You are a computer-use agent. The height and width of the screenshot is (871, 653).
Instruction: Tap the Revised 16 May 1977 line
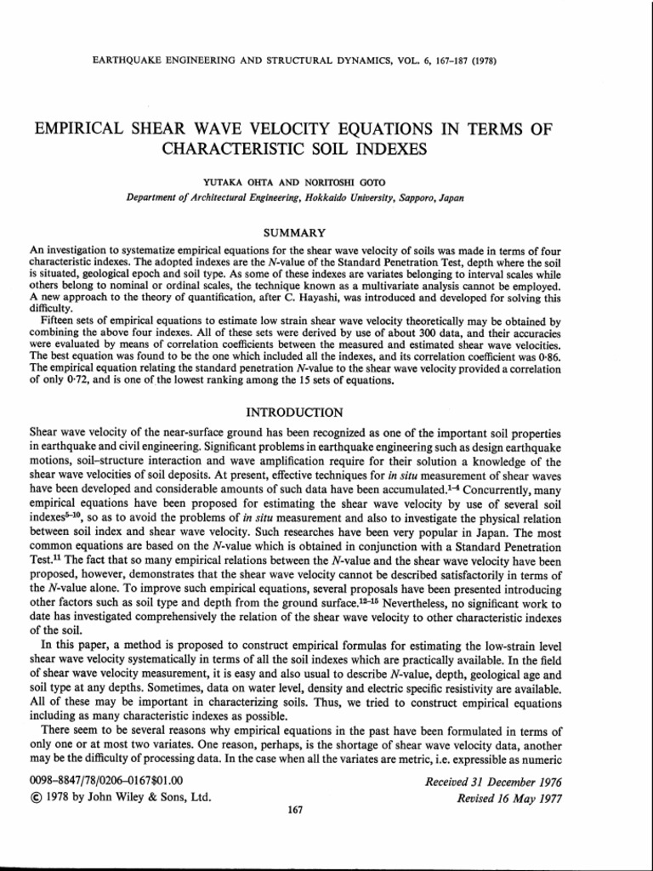(x=510, y=797)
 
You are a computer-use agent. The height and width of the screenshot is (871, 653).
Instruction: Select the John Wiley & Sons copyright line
(x=120, y=797)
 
